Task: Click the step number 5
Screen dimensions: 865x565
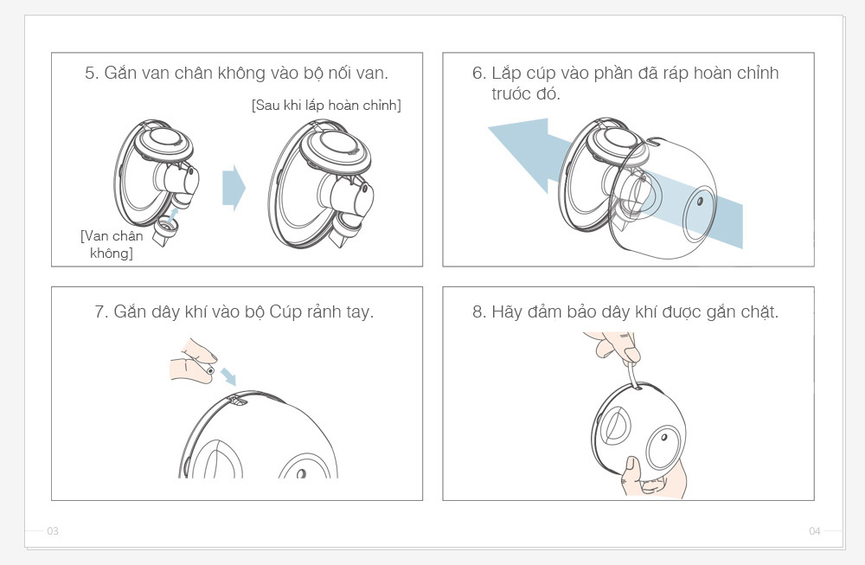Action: click(91, 74)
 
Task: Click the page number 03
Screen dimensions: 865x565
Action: click(53, 530)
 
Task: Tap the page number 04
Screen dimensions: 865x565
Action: click(815, 530)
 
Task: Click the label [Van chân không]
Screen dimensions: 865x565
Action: click(112, 244)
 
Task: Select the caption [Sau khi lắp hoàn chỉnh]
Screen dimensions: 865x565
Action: click(326, 106)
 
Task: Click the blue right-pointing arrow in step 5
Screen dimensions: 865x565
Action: click(234, 188)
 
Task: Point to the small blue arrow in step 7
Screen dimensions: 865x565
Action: click(228, 377)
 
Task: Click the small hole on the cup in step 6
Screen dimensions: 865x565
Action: click(700, 201)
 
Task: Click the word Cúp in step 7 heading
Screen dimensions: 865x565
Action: click(284, 313)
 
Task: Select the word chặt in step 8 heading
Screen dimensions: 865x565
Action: click(759, 313)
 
